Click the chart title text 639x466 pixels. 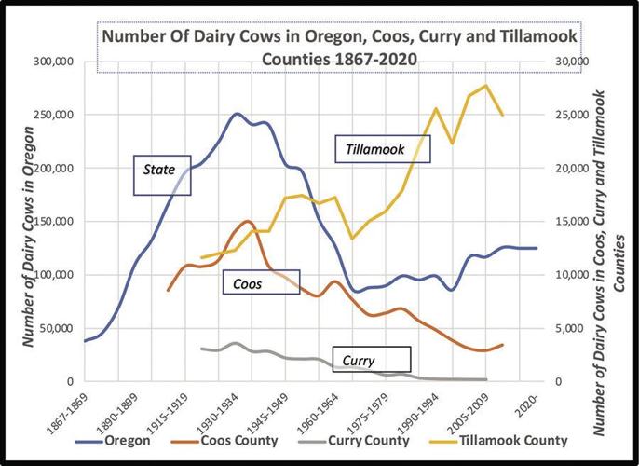tap(339, 48)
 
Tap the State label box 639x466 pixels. tap(161, 174)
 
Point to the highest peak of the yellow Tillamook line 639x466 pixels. tap(486, 86)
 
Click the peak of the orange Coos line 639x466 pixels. tap(248, 221)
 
